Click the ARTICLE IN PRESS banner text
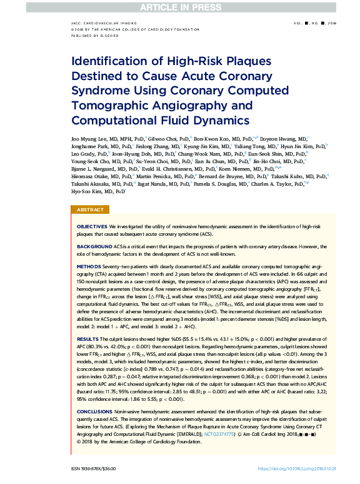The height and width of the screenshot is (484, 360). click(x=179, y=6)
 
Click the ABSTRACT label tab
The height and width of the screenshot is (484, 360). click(x=91, y=210)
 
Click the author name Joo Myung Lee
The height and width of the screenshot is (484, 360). click(x=87, y=138)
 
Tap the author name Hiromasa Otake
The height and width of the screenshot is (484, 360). click(x=86, y=176)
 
